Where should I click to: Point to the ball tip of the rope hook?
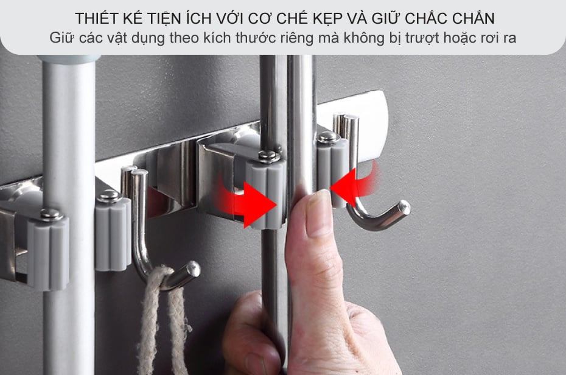click(194, 268)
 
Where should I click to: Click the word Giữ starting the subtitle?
click(62, 38)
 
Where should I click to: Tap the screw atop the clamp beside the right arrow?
click(268, 156)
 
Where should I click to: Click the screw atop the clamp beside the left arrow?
click(327, 137)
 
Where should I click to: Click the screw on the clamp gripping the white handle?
click(51, 214)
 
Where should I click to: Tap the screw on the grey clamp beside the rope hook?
click(108, 196)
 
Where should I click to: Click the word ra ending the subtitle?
click(509, 38)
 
